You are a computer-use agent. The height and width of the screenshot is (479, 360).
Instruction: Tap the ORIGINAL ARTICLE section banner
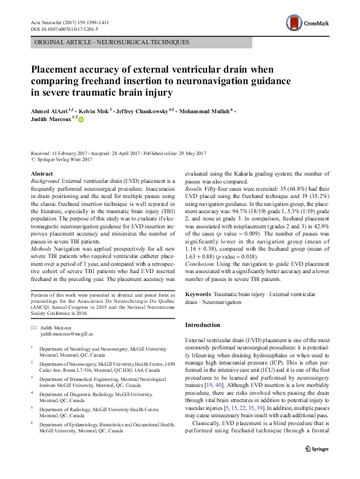(x=113, y=42)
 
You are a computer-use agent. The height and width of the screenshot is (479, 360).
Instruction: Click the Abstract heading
(x=41, y=174)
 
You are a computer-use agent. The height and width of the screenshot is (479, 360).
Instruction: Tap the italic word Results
(x=194, y=188)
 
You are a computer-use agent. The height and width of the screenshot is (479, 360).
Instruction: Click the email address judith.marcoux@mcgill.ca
(x=66, y=334)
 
